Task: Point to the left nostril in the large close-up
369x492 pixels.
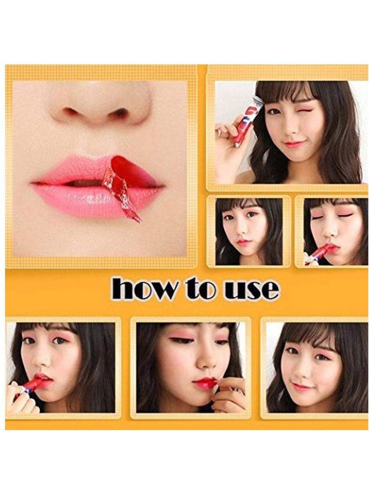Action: pyautogui.click(x=69, y=110)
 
